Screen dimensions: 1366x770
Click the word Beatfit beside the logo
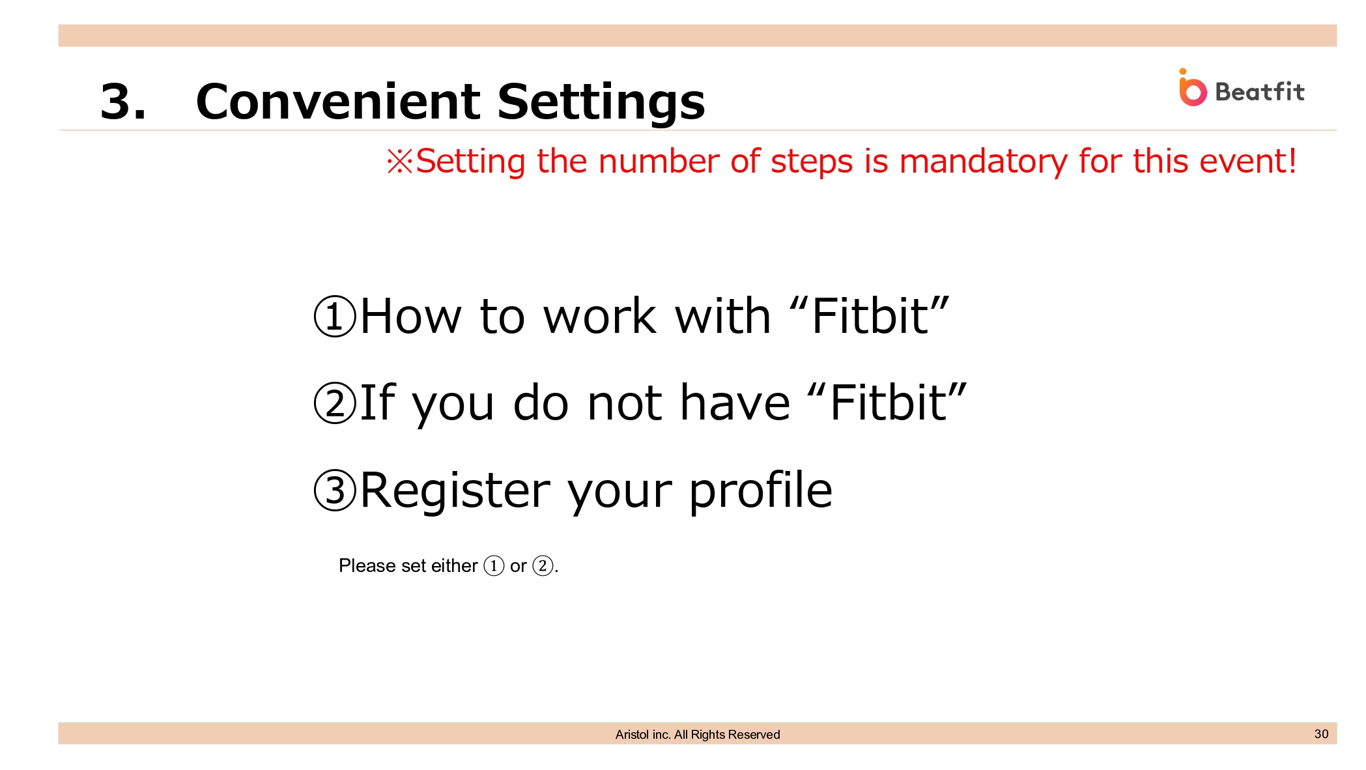[x=1260, y=92]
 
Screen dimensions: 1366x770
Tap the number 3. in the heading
[x=123, y=102]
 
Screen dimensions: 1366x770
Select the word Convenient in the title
[x=338, y=102]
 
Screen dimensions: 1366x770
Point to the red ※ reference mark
[x=400, y=162]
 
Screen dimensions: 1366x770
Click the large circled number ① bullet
[x=335, y=316]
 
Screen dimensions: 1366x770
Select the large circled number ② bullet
[x=335, y=403]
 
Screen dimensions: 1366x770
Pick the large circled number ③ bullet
[x=335, y=490]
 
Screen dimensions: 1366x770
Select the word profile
[x=761, y=491]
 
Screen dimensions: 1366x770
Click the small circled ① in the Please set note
[x=494, y=565]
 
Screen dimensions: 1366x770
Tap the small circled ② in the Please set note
[x=543, y=565]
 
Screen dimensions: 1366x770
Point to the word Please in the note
[x=367, y=565]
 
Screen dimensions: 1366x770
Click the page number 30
[x=1321, y=734]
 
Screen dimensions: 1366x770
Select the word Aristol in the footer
[x=632, y=734]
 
